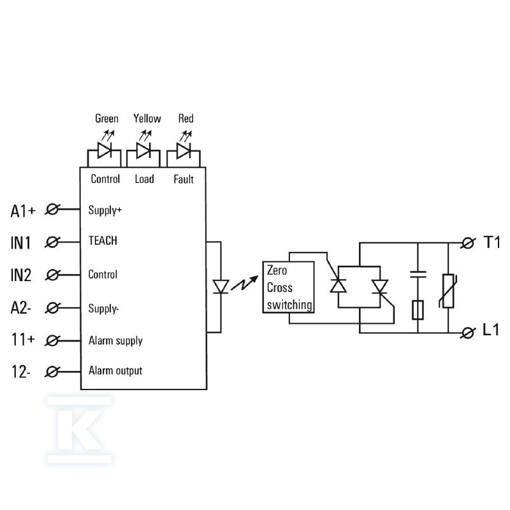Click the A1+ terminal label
23,211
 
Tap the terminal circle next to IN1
52,242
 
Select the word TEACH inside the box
103,241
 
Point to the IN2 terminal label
21,275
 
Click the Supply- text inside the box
103,309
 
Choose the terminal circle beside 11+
52,340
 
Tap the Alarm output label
115,371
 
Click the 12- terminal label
21,372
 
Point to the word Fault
184,179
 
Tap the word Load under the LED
145,179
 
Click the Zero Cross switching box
289,288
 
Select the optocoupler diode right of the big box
221,287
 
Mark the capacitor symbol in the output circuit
418,275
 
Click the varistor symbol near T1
449,291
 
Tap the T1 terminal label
492,242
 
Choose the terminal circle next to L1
468,333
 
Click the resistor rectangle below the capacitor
418,310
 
